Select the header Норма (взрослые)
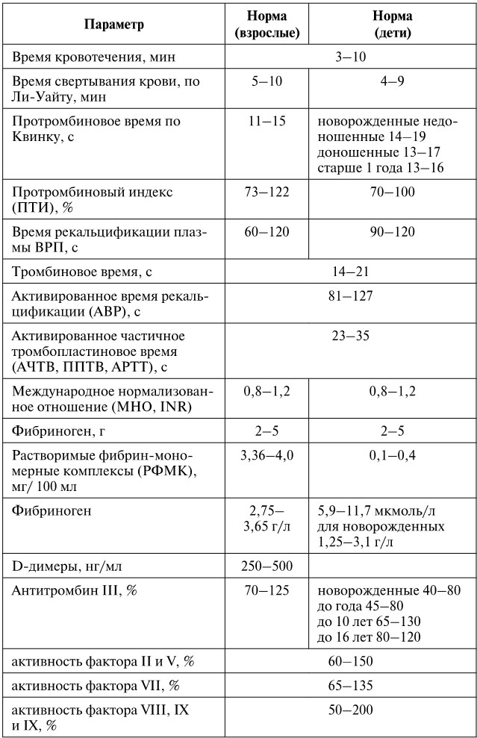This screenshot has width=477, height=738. [x=267, y=25]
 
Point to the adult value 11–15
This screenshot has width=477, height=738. [x=268, y=122]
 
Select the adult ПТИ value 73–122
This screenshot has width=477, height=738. [x=267, y=192]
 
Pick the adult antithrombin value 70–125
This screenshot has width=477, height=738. [x=267, y=590]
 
